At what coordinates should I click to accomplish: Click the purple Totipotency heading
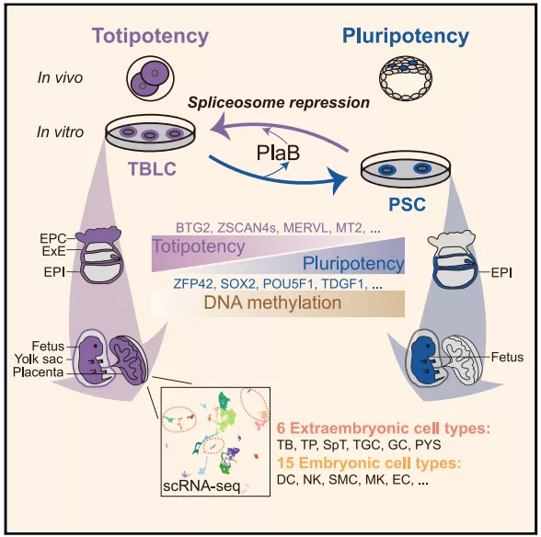[150, 36]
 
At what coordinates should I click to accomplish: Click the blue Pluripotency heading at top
[406, 36]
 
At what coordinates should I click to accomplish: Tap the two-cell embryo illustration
[150, 78]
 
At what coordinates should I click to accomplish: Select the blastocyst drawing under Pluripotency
[406, 78]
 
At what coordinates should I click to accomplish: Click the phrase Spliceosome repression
[279, 103]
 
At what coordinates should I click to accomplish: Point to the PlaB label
[278, 153]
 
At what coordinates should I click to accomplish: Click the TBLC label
[152, 168]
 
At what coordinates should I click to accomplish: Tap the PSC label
[407, 204]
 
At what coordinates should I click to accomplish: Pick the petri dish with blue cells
[406, 168]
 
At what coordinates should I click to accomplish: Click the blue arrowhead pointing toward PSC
[337, 180]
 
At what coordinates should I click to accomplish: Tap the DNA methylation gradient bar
[278, 303]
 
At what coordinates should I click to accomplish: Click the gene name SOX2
[238, 284]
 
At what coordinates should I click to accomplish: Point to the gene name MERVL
[305, 228]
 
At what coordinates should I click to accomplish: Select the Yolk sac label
[39, 360]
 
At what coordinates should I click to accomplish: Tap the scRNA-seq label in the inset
[201, 486]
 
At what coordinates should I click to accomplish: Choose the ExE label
[53, 251]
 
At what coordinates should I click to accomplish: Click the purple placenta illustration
[130, 360]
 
